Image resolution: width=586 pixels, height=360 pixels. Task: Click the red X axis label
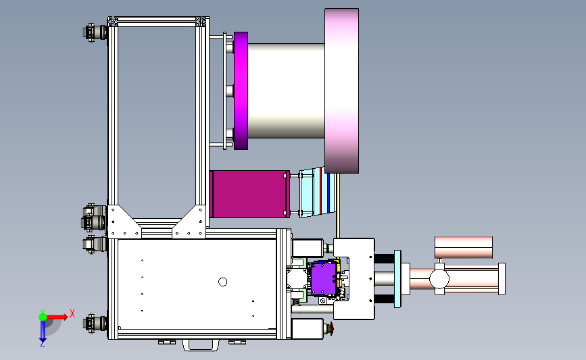click(72, 313)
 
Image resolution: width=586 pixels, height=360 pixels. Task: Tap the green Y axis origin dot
click(43, 317)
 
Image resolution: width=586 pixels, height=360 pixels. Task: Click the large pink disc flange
click(341, 91)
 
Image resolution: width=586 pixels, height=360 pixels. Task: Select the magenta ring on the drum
click(241, 91)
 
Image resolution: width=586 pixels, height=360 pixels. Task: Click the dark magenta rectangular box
click(249, 195)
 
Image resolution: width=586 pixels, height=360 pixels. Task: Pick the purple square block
click(323, 279)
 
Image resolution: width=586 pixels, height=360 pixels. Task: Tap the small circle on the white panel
click(223, 282)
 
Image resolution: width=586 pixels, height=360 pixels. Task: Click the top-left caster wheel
click(95, 32)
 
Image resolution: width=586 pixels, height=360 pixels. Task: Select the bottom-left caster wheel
click(95, 323)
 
